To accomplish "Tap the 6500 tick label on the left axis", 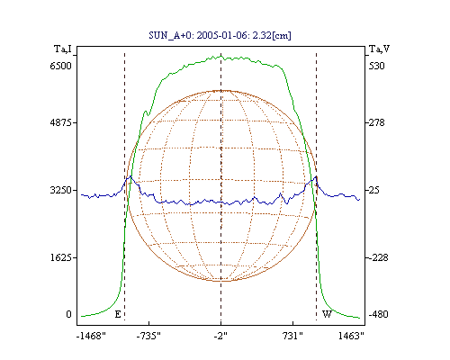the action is pos(61,66).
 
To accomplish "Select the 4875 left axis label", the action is pos(61,122).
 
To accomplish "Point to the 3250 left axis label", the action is pos(61,190).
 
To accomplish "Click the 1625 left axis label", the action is pos(61,257).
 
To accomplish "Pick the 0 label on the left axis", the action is pos(68,314).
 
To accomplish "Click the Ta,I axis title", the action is pos(63,49).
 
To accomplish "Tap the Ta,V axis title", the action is pos(379,49).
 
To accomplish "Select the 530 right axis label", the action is pos(376,66).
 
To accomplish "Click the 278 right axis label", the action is pos(376,122).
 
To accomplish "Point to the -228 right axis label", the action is pos(378,257).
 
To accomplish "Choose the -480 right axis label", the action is pos(378,314).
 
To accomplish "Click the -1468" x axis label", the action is pos(91,336).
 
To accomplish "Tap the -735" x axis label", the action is pos(148,336).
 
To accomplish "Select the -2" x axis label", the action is pos(220,336).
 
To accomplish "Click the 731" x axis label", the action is pos(292,336).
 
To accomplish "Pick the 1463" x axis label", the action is pos(351,336).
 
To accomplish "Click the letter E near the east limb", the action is pos(118,314).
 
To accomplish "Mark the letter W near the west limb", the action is pos(327,314).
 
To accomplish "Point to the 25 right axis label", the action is pos(375,190).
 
